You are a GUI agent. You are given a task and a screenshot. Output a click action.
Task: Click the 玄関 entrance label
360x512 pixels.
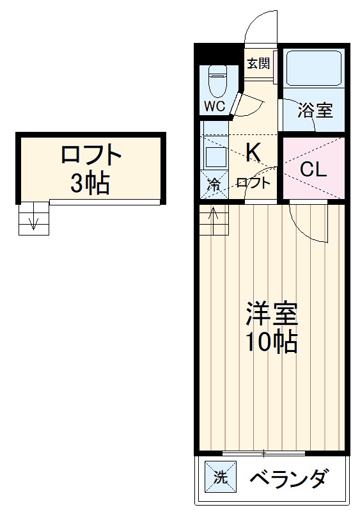(259, 63)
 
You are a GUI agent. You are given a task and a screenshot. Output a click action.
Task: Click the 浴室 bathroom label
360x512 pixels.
(315, 110)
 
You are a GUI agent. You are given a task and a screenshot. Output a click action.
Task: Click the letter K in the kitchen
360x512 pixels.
(253, 152)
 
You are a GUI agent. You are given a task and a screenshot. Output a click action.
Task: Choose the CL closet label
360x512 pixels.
(313, 170)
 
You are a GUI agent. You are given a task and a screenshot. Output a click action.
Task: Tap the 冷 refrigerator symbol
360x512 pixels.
(214, 186)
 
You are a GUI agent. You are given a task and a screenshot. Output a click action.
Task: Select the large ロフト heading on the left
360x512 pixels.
(91, 156)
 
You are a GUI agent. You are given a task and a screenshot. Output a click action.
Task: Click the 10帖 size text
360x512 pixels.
(272, 343)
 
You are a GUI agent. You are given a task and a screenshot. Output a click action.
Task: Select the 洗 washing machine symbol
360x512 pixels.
(219, 477)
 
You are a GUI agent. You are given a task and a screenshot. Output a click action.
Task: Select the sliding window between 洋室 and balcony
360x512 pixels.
(263, 454)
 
